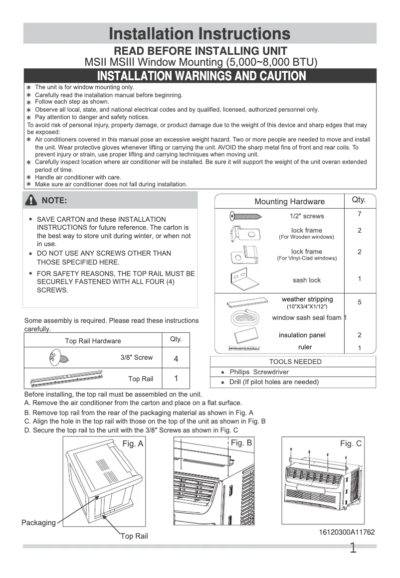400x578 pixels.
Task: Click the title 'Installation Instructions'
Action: (200, 34)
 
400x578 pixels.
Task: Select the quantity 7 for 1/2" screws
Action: (359, 214)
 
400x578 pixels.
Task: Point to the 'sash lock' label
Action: (307, 280)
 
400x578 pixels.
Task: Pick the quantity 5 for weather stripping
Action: (359, 302)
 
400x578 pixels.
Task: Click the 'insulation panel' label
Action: (302, 335)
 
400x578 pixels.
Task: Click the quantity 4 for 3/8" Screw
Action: (176, 359)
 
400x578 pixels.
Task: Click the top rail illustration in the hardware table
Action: (66, 378)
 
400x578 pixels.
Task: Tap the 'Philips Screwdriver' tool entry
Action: (259, 372)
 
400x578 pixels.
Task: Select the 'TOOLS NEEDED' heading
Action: (295, 362)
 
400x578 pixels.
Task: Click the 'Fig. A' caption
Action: (133, 444)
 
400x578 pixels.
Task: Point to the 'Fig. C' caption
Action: (351, 443)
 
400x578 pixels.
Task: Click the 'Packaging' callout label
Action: (38, 523)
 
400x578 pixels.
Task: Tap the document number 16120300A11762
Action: (347, 532)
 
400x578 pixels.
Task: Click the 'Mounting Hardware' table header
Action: (289, 202)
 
